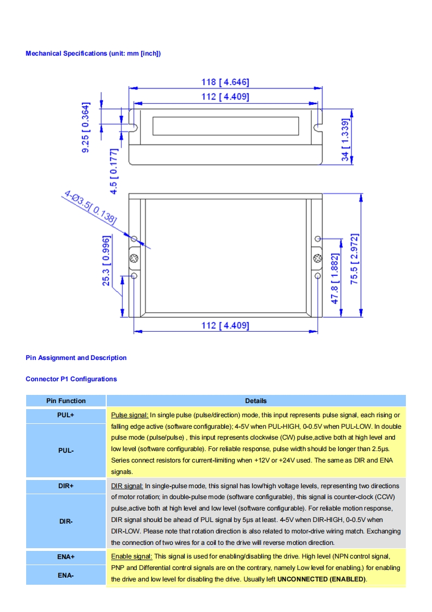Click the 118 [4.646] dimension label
point(225,82)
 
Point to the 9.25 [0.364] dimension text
point(86,128)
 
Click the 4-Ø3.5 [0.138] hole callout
point(90,207)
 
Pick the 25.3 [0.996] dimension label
point(107,261)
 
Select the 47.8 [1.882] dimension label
point(336,278)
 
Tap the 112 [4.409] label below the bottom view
point(225,326)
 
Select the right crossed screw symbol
point(318,257)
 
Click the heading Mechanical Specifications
point(93,53)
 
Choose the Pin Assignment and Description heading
point(76,358)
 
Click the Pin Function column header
point(65,401)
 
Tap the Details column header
point(255,401)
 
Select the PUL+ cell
point(65,415)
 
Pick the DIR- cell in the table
point(65,521)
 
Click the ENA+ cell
point(65,557)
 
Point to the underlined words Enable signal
point(131,556)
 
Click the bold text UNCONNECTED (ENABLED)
point(321,579)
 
